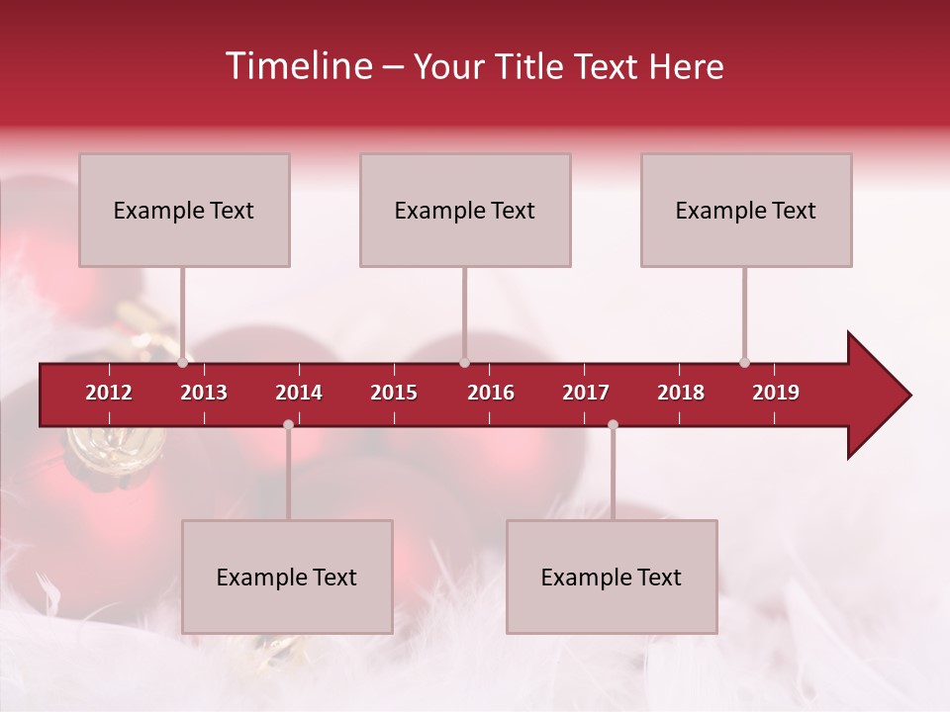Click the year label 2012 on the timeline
pyautogui.click(x=109, y=393)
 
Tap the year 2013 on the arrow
pyautogui.click(x=204, y=393)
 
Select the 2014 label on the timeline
pyautogui.click(x=299, y=393)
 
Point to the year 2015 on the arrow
pyautogui.click(x=394, y=393)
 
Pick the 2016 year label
pyautogui.click(x=491, y=393)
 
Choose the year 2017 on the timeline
pyautogui.click(x=586, y=393)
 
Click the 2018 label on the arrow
pyautogui.click(x=681, y=393)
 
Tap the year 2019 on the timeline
pyautogui.click(x=776, y=393)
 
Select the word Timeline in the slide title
pyautogui.click(x=297, y=66)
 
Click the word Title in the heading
pyautogui.click(x=531, y=67)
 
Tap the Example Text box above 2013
pyautogui.click(x=184, y=211)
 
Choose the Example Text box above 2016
pyautogui.click(x=465, y=211)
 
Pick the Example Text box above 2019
pyautogui.click(x=746, y=211)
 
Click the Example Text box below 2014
pyautogui.click(x=287, y=578)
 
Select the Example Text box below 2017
pyautogui.click(x=612, y=578)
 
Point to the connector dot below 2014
pyautogui.click(x=288, y=424)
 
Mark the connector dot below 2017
pyautogui.click(x=613, y=424)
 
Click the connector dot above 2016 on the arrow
pyautogui.click(x=464, y=362)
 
